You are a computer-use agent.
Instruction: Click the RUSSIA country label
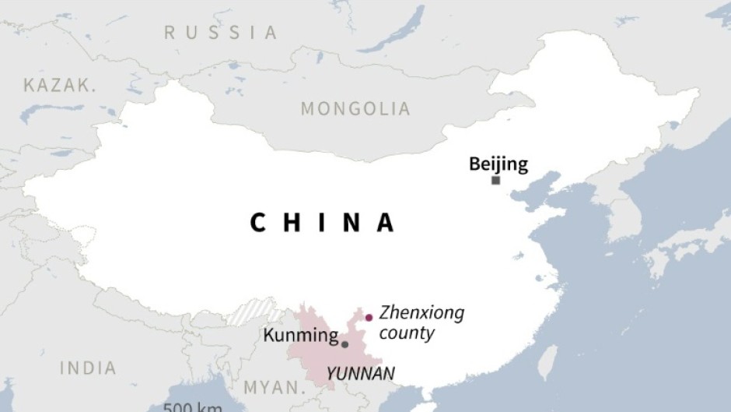[x=220, y=33]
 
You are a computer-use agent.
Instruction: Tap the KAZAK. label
[x=60, y=86]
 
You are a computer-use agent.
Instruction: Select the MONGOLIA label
[x=355, y=109]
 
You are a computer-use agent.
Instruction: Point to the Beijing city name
[x=498, y=164]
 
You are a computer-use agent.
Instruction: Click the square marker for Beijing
[x=495, y=181]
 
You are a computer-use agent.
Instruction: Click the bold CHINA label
[x=323, y=224]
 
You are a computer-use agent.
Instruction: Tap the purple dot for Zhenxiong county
[x=369, y=317]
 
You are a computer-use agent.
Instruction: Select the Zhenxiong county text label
[x=421, y=322]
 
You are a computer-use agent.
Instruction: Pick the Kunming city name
[x=300, y=336]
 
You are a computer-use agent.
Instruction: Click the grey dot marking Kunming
[x=345, y=343]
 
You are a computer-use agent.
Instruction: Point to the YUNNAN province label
[x=360, y=373]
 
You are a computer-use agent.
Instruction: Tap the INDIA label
[x=87, y=368]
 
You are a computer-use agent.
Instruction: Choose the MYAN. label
[x=274, y=387]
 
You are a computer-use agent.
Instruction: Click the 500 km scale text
[x=193, y=407]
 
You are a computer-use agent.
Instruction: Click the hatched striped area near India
[x=254, y=312]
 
